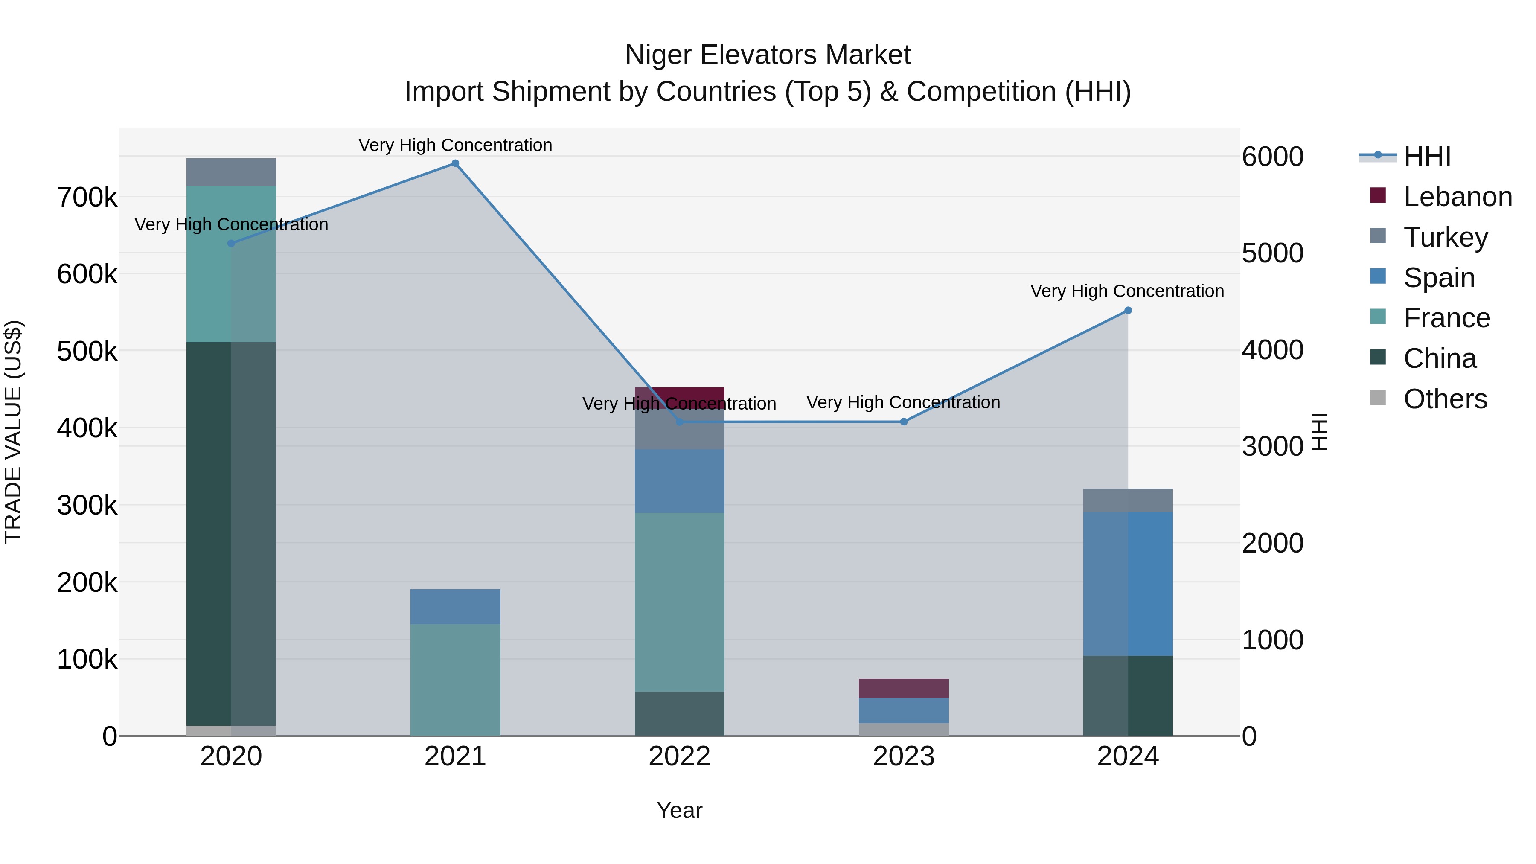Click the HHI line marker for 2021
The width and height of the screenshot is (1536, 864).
click(x=455, y=163)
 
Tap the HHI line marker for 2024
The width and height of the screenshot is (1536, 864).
click(x=1128, y=311)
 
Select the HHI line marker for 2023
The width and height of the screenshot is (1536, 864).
click(x=903, y=422)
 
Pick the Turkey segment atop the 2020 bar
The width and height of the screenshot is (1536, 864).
click(x=231, y=172)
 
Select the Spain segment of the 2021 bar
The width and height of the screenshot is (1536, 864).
click(x=455, y=606)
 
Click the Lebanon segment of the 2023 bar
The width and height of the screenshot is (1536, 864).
click(x=903, y=688)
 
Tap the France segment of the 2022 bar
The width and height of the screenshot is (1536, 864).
click(x=679, y=602)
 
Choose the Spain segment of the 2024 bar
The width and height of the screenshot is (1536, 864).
click(x=1128, y=583)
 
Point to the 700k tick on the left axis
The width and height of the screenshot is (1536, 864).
click(x=87, y=198)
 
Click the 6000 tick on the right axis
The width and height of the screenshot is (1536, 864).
click(x=1272, y=157)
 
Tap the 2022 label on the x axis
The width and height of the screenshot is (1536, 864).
click(x=679, y=756)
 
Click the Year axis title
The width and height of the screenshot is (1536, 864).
click(x=679, y=810)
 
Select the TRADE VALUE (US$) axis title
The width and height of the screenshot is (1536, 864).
click(x=13, y=432)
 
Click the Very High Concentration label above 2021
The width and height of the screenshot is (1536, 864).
click(x=455, y=145)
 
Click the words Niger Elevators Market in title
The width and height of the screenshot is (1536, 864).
click(x=768, y=55)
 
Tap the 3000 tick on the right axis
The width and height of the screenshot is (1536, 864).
click(x=1272, y=447)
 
